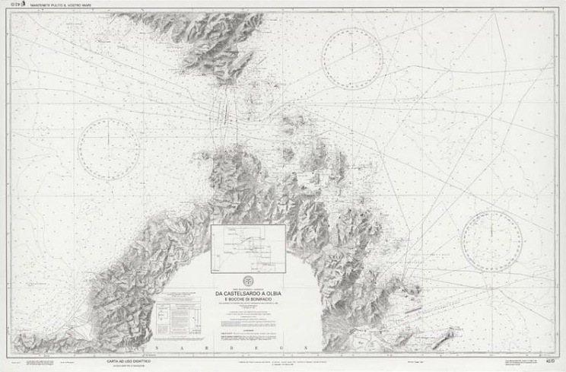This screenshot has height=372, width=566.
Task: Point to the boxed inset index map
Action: tap(249, 249)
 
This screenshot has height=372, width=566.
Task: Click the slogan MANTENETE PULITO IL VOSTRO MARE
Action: tap(54, 6)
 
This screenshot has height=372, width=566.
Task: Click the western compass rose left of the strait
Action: tap(109, 149)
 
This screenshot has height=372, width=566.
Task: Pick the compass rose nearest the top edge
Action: tap(351, 58)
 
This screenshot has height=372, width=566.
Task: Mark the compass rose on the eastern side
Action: tap(491, 240)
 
